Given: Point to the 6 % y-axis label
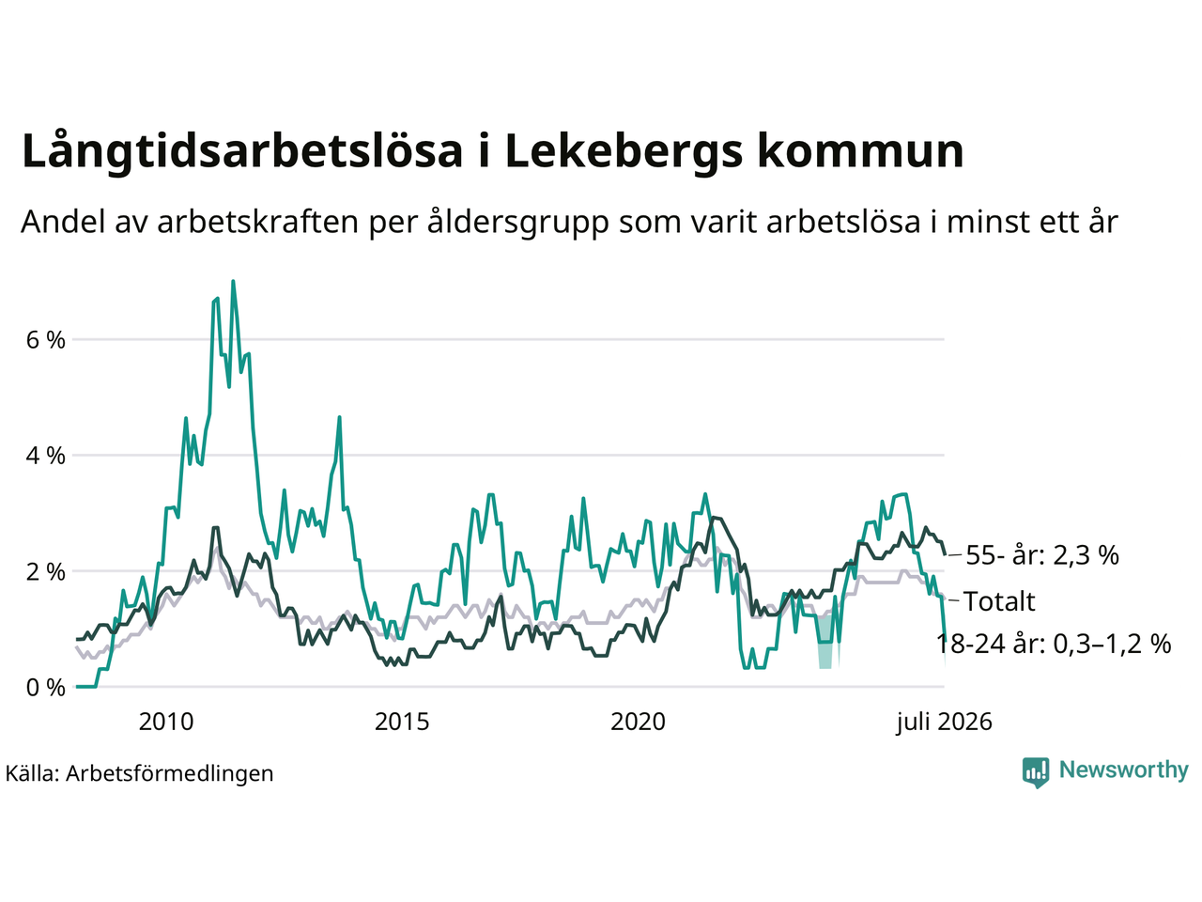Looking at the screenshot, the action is [45, 340].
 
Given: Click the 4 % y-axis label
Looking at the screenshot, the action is [45, 456].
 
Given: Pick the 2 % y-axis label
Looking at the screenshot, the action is [45, 572].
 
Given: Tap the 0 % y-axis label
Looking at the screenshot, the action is [45, 688].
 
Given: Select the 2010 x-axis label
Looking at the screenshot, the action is [166, 722].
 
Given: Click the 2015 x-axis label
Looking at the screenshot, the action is [402, 722].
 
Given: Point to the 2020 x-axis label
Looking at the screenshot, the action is [638, 722].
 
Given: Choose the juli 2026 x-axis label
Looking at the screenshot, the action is [944, 722].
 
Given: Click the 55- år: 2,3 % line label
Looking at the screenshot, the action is [1042, 554].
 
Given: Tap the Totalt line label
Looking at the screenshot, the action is [999, 601].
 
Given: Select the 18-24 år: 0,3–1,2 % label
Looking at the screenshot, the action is [1053, 644].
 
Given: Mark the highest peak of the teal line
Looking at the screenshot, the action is [233, 282].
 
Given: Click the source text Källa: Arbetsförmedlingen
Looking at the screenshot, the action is [139, 774].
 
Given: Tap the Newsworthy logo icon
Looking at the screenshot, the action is [1035, 772].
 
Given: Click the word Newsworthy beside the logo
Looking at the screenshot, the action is [1124, 770].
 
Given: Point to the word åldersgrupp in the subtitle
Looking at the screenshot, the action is [518, 223].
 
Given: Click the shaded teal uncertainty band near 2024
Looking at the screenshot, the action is [825, 642].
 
